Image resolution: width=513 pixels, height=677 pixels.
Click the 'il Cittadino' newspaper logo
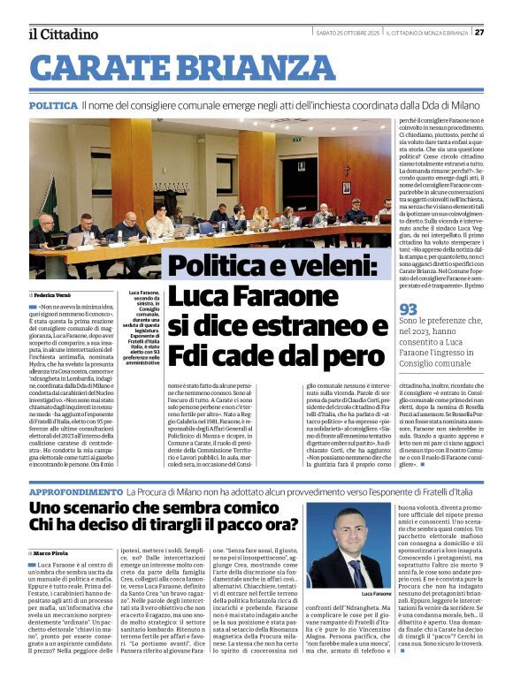point(63,34)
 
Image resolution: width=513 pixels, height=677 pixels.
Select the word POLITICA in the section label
point(52,105)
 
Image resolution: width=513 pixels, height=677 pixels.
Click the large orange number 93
point(408,308)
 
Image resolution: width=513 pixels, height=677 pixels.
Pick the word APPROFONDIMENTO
point(76,490)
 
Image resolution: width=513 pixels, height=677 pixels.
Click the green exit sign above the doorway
point(298,139)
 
